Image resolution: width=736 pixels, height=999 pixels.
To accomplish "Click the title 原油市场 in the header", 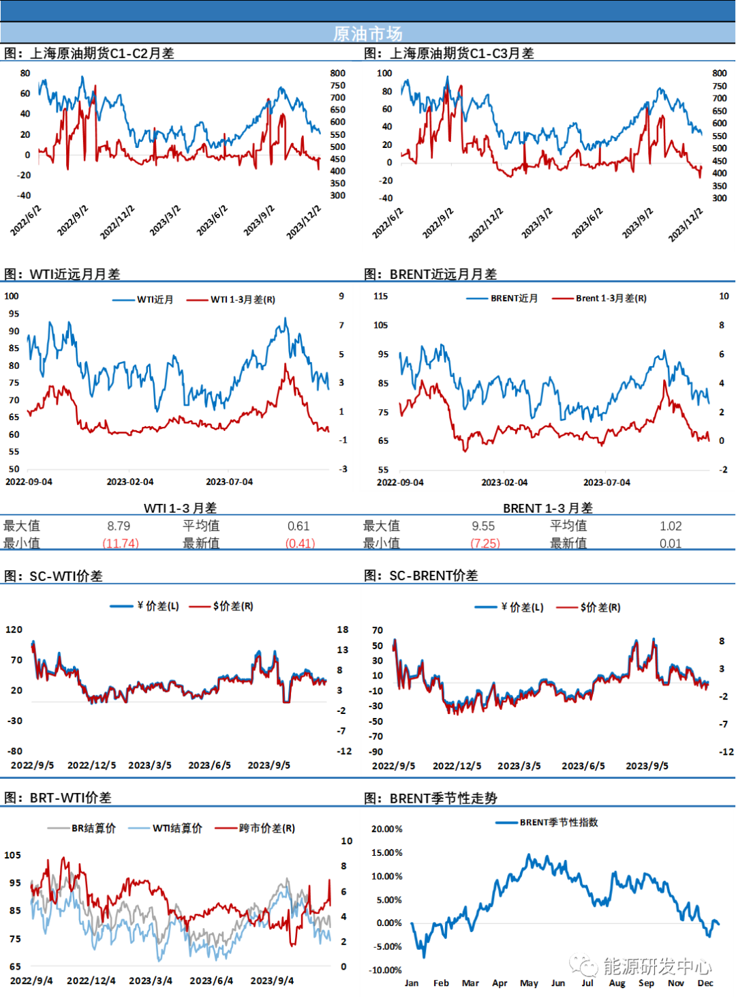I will coord(368,33).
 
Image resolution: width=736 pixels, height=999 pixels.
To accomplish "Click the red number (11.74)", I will coord(121,543).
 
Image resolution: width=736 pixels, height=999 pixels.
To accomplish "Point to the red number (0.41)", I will coord(301,543).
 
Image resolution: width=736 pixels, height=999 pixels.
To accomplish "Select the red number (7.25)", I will coord(486,543).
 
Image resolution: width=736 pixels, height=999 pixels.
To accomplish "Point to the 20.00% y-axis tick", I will coord(386,829).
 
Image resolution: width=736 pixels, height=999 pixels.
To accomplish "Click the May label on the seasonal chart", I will coord(529,983).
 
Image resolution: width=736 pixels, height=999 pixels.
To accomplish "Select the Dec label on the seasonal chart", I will coord(705,983).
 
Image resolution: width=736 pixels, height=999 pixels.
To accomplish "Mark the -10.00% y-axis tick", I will coord(385,970).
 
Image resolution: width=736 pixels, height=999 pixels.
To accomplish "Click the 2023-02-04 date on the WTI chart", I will coord(130,482).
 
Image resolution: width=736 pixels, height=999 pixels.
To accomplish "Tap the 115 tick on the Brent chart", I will coord(380,296).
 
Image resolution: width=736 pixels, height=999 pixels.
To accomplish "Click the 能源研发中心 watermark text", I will coord(657,966).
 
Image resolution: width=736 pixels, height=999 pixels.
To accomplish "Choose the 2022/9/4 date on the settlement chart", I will coord(31,981).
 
